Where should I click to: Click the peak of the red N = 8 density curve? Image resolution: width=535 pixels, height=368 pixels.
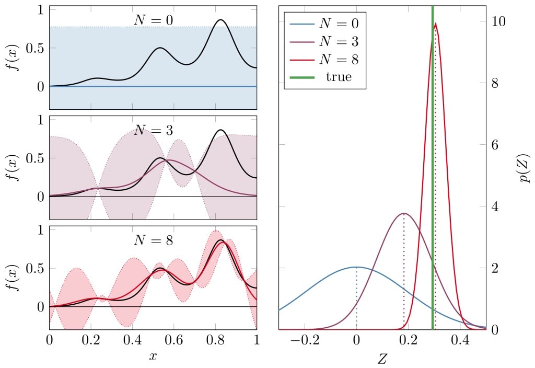point(436,23)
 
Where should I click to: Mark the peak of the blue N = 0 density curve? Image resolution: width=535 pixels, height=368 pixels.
point(356,267)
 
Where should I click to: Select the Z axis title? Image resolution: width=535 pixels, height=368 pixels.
point(382,358)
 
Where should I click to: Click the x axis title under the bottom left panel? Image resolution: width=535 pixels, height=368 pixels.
point(153,357)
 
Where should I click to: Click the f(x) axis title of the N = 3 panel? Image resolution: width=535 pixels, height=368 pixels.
point(16,167)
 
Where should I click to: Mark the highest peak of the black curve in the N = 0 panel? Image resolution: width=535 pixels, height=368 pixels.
point(221,20)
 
